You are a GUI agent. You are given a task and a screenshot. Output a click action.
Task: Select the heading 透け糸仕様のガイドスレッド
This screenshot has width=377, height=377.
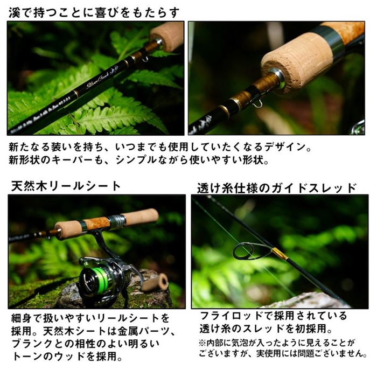276,187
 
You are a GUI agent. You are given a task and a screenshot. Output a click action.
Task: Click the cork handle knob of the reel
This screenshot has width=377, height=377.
156,282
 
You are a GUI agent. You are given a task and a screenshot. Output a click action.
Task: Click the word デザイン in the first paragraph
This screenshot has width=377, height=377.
292,147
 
